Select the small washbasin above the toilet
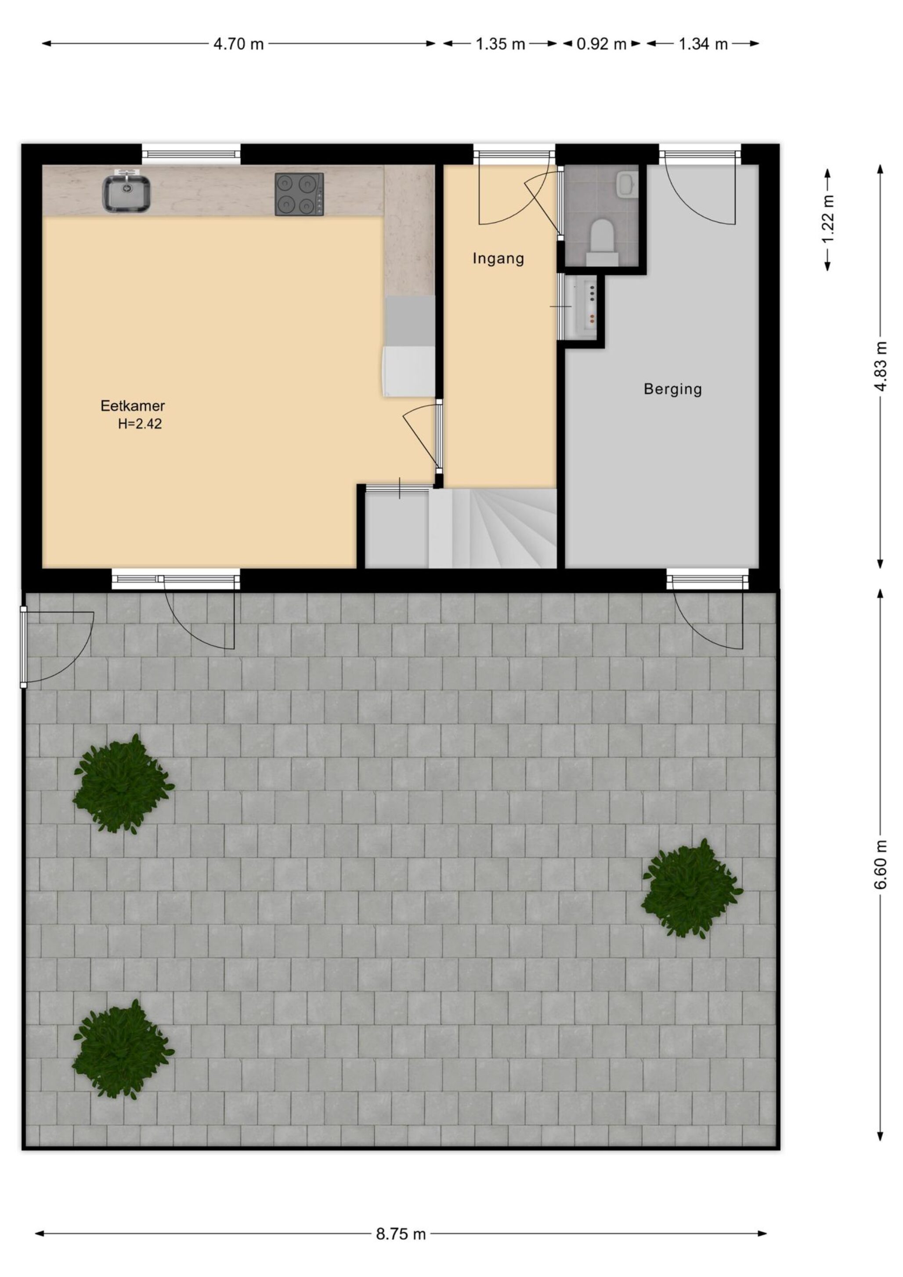pos(626,184)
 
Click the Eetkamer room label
pos(132,406)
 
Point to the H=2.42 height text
pos(140,424)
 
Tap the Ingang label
pos(498,259)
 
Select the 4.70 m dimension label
pos(238,44)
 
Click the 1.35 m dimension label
pos(500,44)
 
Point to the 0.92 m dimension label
pos(601,44)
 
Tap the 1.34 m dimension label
pos(703,44)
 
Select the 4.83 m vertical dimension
pos(880,365)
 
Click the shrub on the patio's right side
pos(692,889)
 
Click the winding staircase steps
pos(492,528)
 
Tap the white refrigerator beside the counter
pos(409,371)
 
